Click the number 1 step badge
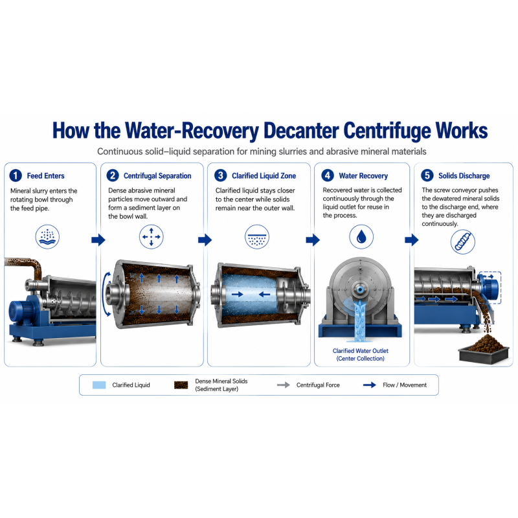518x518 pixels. [x=16, y=175]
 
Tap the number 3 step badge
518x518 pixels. [x=221, y=175]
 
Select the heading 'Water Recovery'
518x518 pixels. [x=363, y=175]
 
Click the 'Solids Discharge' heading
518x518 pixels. [x=464, y=175]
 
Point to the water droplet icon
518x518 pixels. [x=361, y=237]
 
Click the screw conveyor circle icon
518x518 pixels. [x=463, y=242]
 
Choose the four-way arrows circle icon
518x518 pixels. [x=152, y=236]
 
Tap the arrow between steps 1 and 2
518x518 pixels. [x=98, y=240]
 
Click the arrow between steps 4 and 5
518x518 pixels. [x=412, y=240]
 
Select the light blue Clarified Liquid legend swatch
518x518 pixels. [x=99, y=385]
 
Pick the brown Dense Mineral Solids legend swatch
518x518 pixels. [x=181, y=385]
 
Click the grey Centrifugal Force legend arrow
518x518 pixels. [x=284, y=385]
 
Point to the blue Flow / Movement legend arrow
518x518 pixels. [x=369, y=385]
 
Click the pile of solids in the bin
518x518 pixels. [x=484, y=344]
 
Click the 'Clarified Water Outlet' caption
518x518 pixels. [x=361, y=351]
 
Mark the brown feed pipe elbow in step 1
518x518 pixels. [x=36, y=265]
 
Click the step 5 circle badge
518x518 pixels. [x=427, y=175]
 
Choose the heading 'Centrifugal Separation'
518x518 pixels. [x=157, y=175]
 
